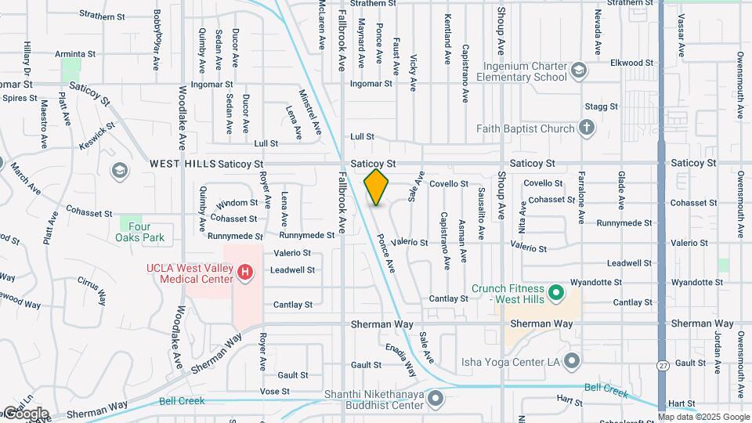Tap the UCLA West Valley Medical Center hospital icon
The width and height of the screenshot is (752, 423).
pyautogui.click(x=245, y=273)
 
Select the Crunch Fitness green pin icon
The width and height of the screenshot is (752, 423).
pyautogui.click(x=556, y=294)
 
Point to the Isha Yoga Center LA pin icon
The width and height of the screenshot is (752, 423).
pyautogui.click(x=572, y=361)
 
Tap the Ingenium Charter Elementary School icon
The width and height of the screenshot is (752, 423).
pyautogui.click(x=578, y=71)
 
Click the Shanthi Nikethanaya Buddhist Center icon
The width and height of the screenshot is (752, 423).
pyautogui.click(x=436, y=400)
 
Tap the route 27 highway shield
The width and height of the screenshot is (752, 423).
pyautogui.click(x=663, y=366)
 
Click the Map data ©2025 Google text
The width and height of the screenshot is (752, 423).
pyautogui.click(x=703, y=417)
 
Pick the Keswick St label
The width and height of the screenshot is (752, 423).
pyautogui.click(x=97, y=136)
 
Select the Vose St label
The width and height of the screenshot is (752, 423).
pyautogui.click(x=275, y=391)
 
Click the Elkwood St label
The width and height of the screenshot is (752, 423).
pyautogui.click(x=632, y=63)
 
